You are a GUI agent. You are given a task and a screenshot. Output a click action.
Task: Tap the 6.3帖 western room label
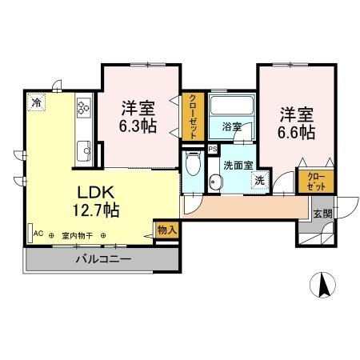138,116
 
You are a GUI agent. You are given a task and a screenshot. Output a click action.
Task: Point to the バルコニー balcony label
103,259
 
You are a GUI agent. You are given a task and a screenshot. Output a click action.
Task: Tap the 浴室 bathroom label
231,126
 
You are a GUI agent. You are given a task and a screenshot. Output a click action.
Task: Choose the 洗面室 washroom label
238,165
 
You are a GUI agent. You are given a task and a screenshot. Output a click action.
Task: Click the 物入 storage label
166,230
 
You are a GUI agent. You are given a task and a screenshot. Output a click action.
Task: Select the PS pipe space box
211,149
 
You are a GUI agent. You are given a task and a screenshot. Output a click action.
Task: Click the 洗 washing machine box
259,180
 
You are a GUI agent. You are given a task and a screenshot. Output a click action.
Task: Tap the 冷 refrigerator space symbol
35,102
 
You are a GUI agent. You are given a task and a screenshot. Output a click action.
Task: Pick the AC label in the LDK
37,234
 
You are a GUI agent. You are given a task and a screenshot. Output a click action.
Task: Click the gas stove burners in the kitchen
85,108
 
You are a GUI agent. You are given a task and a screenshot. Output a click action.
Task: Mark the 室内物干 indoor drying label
76,235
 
